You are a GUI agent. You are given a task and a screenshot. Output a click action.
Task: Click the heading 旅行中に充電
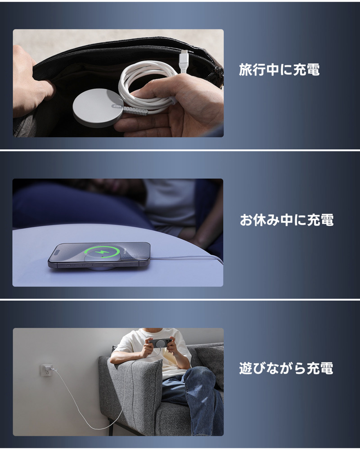279,70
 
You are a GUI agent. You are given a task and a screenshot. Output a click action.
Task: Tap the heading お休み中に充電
287,220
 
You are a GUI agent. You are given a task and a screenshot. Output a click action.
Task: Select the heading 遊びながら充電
286,368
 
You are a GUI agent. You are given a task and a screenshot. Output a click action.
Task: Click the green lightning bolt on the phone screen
103,253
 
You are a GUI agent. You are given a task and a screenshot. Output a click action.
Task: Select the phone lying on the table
99,256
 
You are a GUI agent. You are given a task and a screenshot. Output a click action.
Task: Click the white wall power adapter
46,370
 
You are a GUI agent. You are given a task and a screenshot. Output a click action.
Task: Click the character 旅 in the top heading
245,70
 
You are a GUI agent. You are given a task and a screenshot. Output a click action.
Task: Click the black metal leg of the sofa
111,427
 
